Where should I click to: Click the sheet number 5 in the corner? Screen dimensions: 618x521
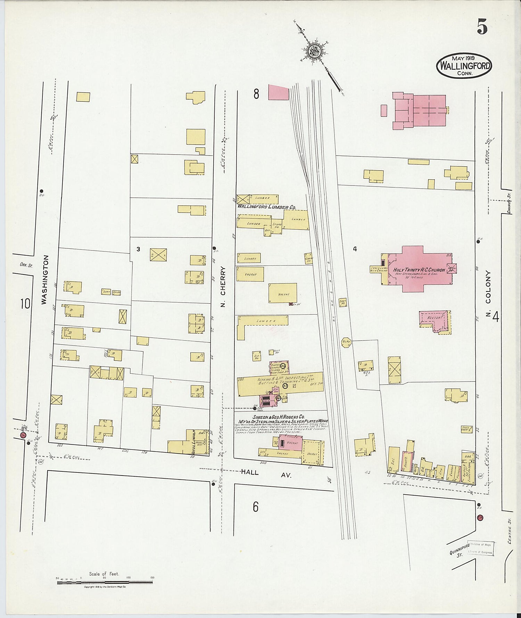coord(482,27)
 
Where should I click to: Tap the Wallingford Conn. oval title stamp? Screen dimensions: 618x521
coord(464,65)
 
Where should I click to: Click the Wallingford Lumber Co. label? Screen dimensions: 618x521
coord(266,207)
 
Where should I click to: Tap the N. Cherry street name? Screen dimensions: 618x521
coord(223,287)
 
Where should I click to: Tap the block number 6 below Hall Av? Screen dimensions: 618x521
coord(255,507)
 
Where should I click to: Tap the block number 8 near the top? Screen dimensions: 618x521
coord(256,94)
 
